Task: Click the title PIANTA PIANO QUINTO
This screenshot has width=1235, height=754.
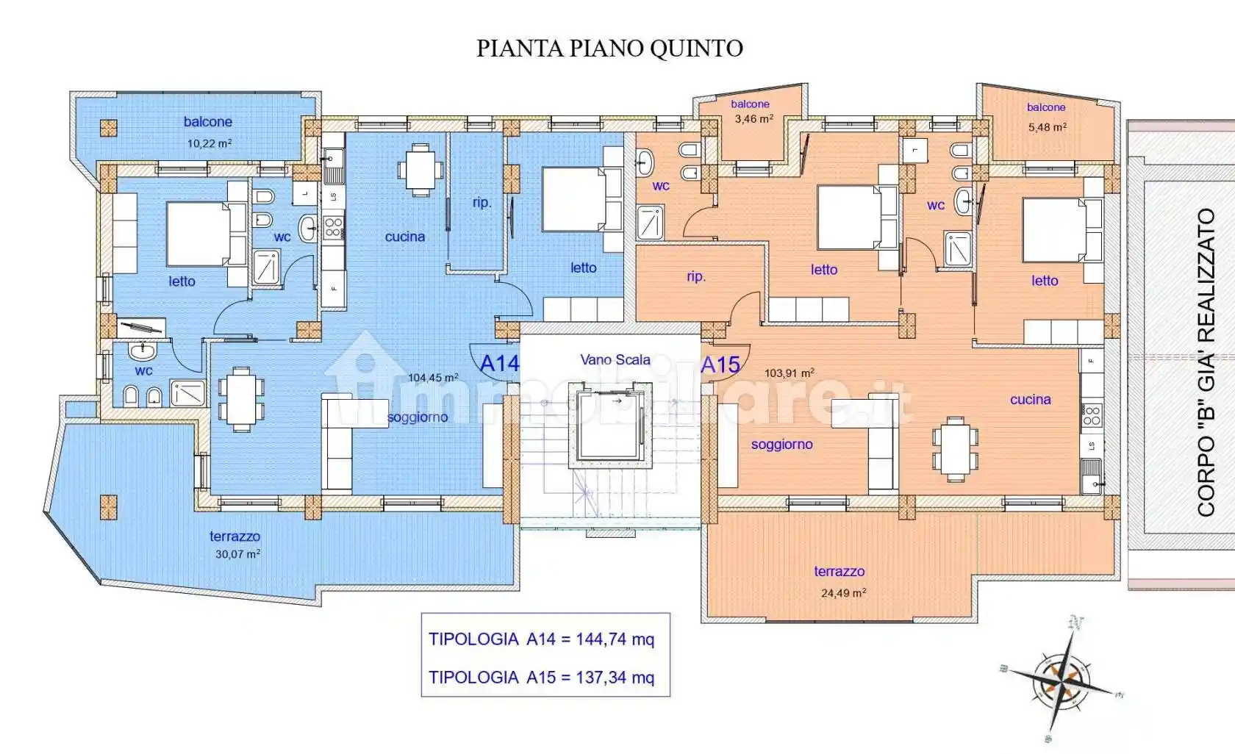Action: (609, 49)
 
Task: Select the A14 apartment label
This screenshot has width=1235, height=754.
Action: (499, 363)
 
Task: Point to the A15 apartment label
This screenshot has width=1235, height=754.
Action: (720, 365)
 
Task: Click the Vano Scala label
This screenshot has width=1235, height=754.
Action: (615, 359)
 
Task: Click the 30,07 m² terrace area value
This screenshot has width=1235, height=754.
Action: (237, 554)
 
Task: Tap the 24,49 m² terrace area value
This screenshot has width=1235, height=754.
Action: (843, 593)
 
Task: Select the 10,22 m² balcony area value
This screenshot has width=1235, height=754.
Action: (210, 143)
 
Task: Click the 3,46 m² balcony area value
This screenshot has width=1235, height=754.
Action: (753, 118)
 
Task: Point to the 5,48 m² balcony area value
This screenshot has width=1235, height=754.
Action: (1048, 127)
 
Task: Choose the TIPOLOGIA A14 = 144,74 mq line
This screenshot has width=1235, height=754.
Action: (542, 639)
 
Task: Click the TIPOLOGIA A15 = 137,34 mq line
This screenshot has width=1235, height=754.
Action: (542, 678)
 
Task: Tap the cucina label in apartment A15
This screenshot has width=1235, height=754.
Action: (1030, 400)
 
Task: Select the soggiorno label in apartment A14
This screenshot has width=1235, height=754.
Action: (418, 417)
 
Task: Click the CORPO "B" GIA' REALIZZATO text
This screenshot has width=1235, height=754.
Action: (1206, 362)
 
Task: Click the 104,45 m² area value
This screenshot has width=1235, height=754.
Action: (433, 378)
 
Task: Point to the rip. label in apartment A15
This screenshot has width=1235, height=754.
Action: (696, 276)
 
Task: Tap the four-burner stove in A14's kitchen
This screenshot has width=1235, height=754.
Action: (333, 227)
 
